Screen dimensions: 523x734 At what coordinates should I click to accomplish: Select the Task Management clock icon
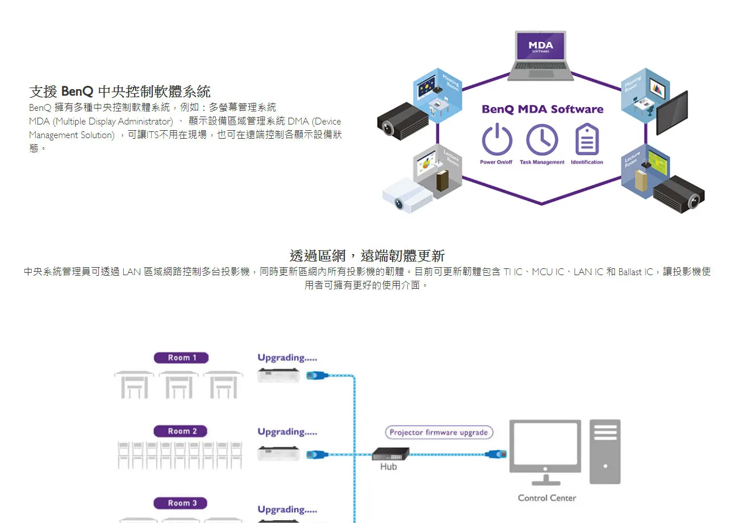coord(541,140)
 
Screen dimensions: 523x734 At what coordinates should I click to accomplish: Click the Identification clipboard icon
coord(587,140)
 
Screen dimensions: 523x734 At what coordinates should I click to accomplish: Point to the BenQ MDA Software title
coord(542,109)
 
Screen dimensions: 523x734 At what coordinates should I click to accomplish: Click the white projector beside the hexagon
coord(407,194)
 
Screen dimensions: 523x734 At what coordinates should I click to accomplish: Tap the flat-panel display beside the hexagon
coord(672,113)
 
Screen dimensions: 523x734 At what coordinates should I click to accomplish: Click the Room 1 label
coord(181,358)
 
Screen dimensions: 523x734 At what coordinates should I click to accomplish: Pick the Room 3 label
coord(181,503)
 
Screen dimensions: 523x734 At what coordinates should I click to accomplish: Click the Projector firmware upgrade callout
coord(439,433)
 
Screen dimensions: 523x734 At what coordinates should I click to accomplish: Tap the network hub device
coord(390,454)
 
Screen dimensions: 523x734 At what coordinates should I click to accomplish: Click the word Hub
coord(389,467)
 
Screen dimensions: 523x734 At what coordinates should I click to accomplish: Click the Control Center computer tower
coord(605,451)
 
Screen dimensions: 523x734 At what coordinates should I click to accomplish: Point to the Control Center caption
coord(547,498)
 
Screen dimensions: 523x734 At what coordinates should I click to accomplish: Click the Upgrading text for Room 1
coord(287,358)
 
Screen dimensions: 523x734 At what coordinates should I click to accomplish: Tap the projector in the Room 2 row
coord(278,454)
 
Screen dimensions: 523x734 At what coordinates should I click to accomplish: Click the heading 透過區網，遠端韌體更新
coord(367,256)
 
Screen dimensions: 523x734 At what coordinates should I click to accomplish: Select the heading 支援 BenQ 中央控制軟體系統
coord(120,91)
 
